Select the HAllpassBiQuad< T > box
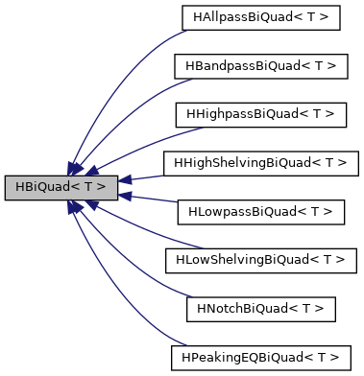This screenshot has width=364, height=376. coord(260,16)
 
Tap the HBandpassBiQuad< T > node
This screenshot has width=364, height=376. coord(260,65)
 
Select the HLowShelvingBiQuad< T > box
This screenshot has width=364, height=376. coord(260,260)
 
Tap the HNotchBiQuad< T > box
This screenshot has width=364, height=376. coord(260,309)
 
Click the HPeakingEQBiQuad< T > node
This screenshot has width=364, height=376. coord(260,358)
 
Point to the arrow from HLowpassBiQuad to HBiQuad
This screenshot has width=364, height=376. coord(149,199)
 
